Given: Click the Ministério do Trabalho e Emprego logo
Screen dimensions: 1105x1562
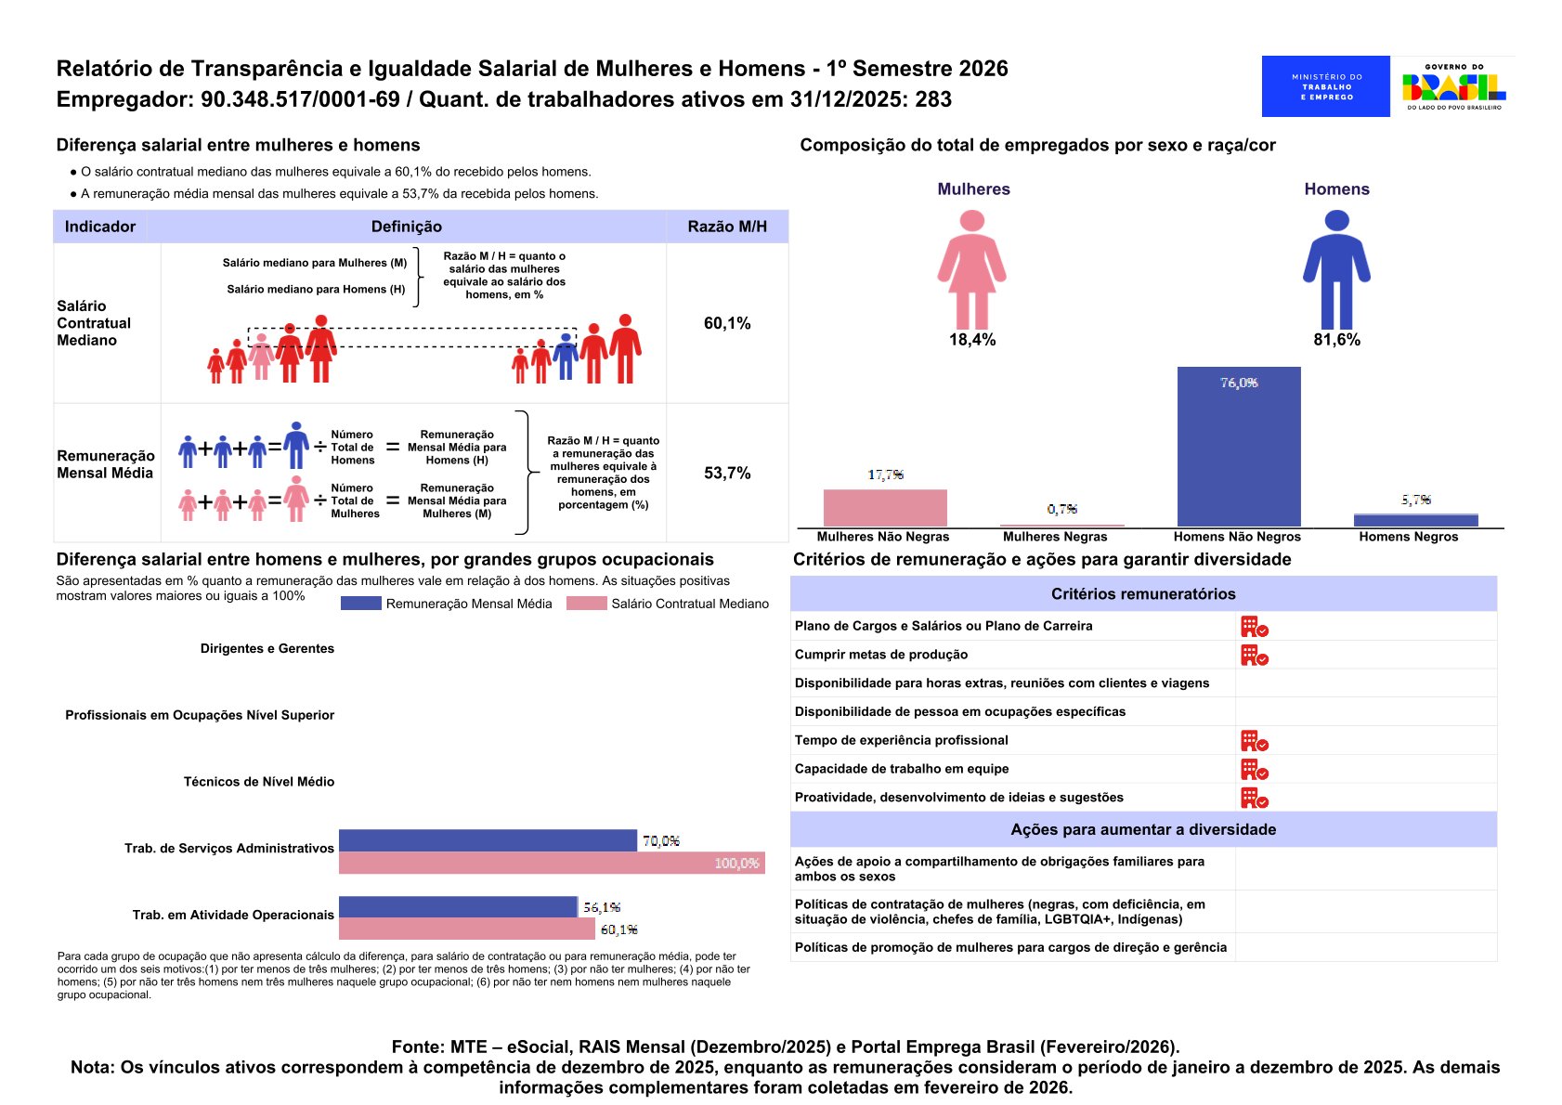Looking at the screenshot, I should coord(1325,86).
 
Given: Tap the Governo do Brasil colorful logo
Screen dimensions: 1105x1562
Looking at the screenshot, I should coord(1453,86).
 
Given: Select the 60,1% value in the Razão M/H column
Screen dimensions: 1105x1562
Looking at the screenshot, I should coord(726,323).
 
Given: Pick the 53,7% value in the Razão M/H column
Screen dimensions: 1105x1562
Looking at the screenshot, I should coord(726,473).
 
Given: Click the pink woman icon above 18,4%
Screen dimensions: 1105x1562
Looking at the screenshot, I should coord(971,269).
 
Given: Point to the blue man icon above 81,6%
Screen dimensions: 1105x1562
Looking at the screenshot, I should coord(1336,269).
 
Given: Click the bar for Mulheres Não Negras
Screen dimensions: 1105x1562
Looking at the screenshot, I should coord(885,508).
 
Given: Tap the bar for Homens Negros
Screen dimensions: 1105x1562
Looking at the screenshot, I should coord(1415,520).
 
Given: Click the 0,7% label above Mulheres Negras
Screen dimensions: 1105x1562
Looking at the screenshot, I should coord(1061,509).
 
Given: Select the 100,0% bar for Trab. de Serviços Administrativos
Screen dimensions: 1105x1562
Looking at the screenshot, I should coord(552,863).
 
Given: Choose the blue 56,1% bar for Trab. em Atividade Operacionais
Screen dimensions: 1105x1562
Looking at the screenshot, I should coord(458,906).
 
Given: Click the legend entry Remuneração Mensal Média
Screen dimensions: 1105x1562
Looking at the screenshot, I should coord(447,604).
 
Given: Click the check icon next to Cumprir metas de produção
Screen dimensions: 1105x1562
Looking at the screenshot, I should coord(1254,656).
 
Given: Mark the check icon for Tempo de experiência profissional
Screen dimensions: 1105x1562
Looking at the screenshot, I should coord(1254,741).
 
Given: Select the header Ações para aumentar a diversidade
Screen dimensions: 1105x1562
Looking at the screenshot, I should coord(1142,829).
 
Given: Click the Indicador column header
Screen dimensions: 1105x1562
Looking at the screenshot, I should coord(100,227).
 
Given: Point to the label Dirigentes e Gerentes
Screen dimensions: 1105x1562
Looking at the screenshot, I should coord(267,648).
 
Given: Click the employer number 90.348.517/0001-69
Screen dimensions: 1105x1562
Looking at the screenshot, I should coord(300,99).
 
